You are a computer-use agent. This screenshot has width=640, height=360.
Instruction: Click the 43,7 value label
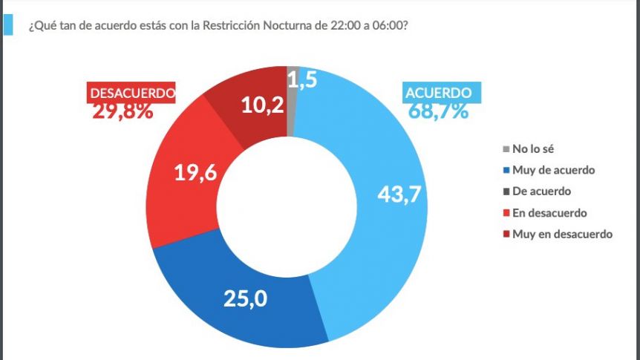(x=399, y=194)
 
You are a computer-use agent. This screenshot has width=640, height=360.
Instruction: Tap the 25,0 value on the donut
(x=245, y=298)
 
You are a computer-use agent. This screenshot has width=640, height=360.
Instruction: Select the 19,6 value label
(x=195, y=172)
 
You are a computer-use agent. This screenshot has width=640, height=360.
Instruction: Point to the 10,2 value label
(x=263, y=105)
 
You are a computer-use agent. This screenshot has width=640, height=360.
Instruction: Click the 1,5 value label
(x=302, y=79)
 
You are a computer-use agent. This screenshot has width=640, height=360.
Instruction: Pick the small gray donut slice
(x=291, y=101)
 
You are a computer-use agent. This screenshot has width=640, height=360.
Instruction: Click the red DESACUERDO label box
(x=131, y=93)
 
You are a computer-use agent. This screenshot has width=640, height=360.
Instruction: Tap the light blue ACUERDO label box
(x=442, y=93)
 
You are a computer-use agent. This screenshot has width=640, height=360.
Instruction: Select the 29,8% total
(x=123, y=111)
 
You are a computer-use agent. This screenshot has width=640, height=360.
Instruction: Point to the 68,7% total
(x=438, y=111)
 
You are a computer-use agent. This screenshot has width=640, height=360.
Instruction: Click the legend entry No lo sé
(x=528, y=149)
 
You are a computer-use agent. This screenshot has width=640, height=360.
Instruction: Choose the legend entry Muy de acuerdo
(x=549, y=170)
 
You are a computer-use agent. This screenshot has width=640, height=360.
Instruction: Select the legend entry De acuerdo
(x=537, y=192)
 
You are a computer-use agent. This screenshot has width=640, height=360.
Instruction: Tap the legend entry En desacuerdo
(x=545, y=212)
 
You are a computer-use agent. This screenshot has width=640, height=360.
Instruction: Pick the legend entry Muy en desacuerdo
(x=558, y=234)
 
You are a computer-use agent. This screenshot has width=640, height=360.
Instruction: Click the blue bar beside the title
(x=7, y=25)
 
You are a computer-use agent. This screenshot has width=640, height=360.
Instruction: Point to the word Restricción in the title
(x=232, y=25)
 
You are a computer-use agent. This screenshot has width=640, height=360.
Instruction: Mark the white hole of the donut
(x=287, y=207)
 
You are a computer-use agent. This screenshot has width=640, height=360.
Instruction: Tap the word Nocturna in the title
(x=287, y=25)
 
